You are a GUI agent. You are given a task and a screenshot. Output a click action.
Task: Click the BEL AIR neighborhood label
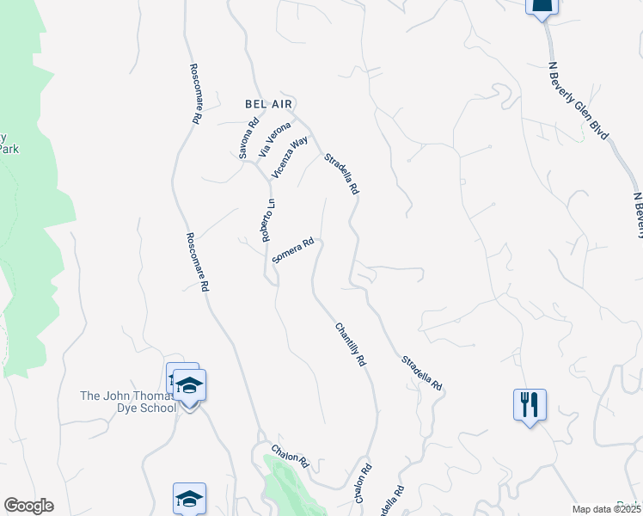[x=266, y=103]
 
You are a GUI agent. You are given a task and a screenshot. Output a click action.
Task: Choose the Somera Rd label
[x=292, y=251]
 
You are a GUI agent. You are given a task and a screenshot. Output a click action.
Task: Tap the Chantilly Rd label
[x=351, y=345]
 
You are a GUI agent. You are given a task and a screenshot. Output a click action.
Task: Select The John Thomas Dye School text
[x=127, y=402]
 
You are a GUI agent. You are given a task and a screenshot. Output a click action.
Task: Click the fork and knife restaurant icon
[x=530, y=403]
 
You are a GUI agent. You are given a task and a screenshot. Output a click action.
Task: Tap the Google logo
[x=28, y=506]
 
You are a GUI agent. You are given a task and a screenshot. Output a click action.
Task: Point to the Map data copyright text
[x=607, y=509]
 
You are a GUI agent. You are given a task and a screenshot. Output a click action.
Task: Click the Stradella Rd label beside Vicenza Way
[x=340, y=174]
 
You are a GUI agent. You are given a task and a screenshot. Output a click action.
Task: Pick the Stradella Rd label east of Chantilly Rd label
[x=421, y=373]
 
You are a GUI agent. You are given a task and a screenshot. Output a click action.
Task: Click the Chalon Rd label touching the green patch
[x=290, y=455]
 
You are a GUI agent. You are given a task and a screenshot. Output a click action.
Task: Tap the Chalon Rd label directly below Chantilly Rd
[x=362, y=485]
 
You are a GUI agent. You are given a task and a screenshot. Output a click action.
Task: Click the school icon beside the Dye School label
[x=189, y=386]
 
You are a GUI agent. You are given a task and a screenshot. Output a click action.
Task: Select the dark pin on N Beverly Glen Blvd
[x=542, y=7]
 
